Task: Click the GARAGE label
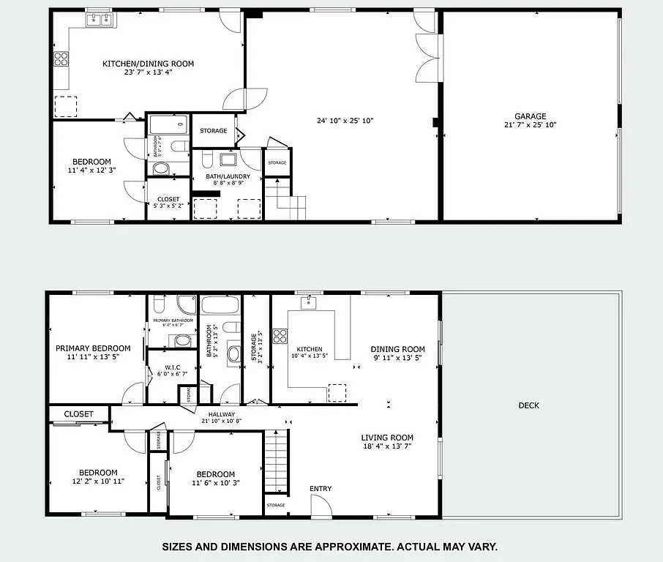[x=530, y=116]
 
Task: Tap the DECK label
[x=528, y=405]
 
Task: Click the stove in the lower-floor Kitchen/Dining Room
[x=60, y=59]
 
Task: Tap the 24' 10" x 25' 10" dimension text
[x=345, y=121]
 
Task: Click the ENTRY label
[x=321, y=489]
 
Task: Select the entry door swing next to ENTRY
[x=321, y=506]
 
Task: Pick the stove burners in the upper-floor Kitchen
[x=280, y=336]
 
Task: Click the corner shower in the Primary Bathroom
[x=186, y=302]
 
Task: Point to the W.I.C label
[x=173, y=367]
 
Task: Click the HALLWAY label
[x=221, y=414]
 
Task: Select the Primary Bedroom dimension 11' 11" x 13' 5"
[x=93, y=357]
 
